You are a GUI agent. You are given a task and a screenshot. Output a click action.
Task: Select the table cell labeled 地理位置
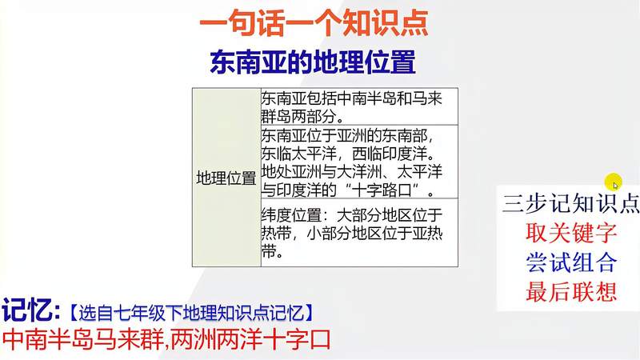(x=226, y=178)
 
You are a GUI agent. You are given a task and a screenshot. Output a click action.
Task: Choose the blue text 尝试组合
(x=571, y=262)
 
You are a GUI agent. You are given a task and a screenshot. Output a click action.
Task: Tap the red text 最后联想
(x=571, y=292)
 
